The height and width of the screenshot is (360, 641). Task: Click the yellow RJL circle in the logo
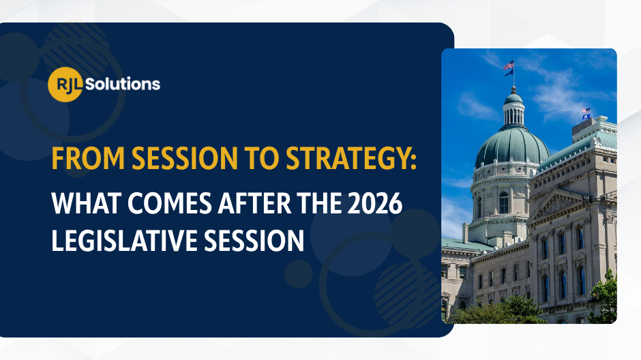click(65, 85)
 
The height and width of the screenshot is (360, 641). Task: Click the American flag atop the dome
click(508, 66)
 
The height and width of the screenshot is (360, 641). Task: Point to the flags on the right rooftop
click(586, 113)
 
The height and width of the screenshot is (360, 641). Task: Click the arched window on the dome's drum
click(503, 202)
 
